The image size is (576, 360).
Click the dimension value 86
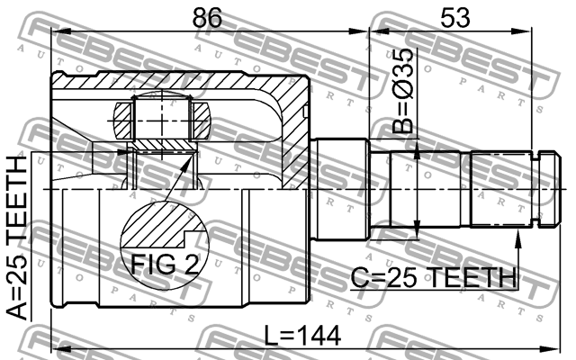207,17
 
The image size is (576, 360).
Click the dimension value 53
455,17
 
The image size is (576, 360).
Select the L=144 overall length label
302,336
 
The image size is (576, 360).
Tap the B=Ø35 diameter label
403,90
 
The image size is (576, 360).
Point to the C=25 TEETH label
434,277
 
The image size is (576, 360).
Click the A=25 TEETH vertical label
17,238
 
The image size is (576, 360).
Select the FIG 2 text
165,264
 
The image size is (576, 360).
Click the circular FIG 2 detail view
165,244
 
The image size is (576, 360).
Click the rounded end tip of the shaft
558,189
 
